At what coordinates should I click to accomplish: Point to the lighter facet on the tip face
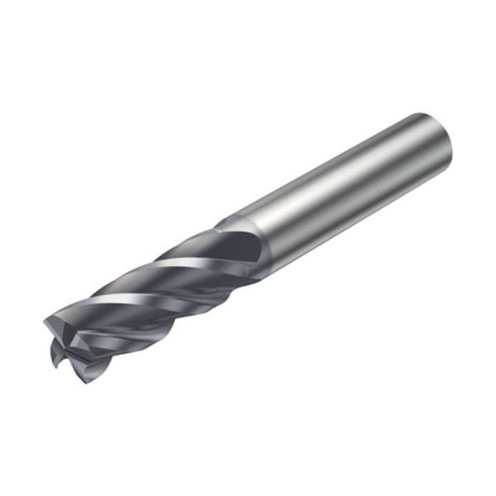coord(62,327)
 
